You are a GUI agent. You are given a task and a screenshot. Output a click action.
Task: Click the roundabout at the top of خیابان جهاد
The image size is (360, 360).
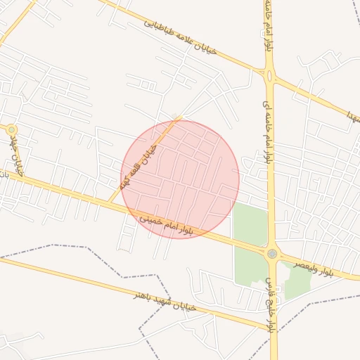11,129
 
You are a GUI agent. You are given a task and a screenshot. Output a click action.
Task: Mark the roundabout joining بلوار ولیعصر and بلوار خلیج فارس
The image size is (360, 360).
272,254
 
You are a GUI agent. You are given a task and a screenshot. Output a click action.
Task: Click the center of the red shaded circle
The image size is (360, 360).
181,179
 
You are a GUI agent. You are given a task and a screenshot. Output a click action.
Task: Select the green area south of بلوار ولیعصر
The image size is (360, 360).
297,283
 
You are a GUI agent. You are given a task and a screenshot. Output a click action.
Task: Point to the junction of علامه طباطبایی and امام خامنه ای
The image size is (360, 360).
269,72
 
